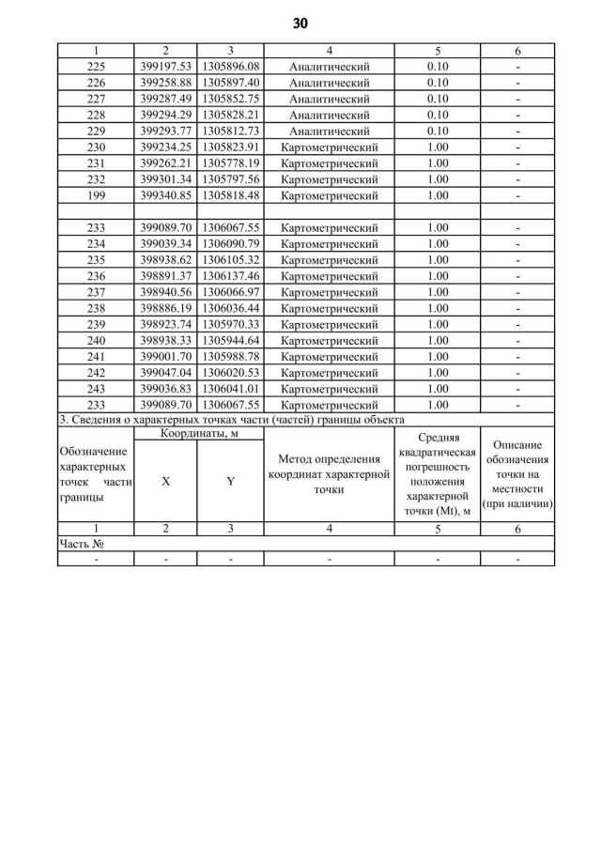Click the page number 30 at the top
pyautogui.click(x=300, y=23)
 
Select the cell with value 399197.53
pyautogui.click(x=165, y=67)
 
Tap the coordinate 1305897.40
pyautogui.click(x=230, y=83)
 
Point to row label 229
pyautogui.click(x=96, y=131)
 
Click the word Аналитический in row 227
pyautogui.click(x=329, y=99)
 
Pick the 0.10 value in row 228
pyautogui.click(x=437, y=115)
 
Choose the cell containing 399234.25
pyautogui.click(x=165, y=147)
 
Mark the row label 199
pyautogui.click(x=96, y=195)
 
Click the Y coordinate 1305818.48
pyautogui.click(x=230, y=195)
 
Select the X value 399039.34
pyautogui.click(x=165, y=244)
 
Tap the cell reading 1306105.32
pyautogui.click(x=230, y=260)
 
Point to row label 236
pyautogui.click(x=96, y=276)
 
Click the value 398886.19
pyautogui.click(x=165, y=308)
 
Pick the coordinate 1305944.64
pyautogui.click(x=230, y=341)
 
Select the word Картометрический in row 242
pyautogui.click(x=329, y=373)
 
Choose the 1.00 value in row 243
pyautogui.click(x=437, y=389)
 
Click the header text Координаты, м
pyautogui.click(x=198, y=433)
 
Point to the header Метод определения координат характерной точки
pyautogui.click(x=329, y=474)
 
